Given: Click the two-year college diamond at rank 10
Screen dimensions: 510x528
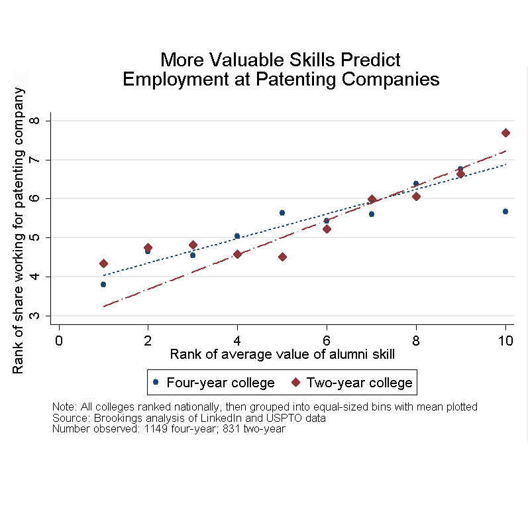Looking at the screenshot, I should pyautogui.click(x=505, y=133).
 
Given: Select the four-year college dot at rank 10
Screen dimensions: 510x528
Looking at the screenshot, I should pyautogui.click(x=505, y=211).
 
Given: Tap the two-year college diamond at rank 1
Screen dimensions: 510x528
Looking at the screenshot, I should pyautogui.click(x=103, y=263).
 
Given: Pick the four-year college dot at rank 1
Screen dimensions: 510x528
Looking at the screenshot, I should pyautogui.click(x=103, y=284).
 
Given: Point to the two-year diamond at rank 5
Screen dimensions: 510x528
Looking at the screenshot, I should pyautogui.click(x=282, y=257).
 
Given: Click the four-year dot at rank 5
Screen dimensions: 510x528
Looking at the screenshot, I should pyautogui.click(x=282, y=213).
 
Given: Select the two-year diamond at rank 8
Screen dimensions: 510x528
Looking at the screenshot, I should pyautogui.click(x=416, y=196).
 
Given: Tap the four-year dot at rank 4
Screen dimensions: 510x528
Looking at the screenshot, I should pyautogui.click(x=237, y=235).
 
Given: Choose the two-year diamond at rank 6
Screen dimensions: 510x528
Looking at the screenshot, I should pyautogui.click(x=327, y=229).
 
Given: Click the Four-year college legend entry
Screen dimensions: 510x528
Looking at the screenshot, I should pyautogui.click(x=213, y=383).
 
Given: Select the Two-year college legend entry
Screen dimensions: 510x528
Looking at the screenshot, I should pyautogui.click(x=352, y=383).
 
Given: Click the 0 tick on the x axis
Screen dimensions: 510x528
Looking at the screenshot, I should pyautogui.click(x=59, y=340).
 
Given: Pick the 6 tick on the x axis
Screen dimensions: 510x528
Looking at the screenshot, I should pyautogui.click(x=327, y=340).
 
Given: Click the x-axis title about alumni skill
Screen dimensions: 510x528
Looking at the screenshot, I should pyautogui.click(x=282, y=354).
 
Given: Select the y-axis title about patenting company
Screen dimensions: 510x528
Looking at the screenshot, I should pyautogui.click(x=19, y=231).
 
